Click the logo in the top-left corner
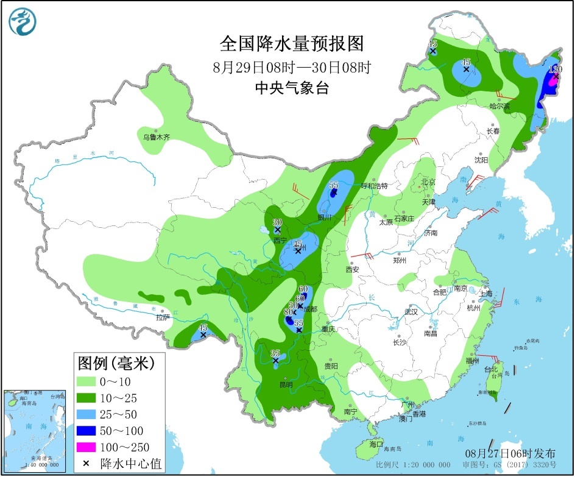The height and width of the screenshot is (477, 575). tap(23, 22)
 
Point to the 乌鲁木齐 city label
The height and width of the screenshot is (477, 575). tap(157, 138)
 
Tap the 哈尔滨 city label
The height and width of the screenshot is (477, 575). tap(499, 106)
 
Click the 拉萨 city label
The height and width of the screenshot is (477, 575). tap(161, 317)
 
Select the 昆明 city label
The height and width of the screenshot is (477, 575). tap(285, 384)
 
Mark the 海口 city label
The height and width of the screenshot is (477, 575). tap(376, 444)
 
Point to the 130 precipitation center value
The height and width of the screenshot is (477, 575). tap(555, 69)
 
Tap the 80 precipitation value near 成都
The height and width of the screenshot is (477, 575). tap(287, 313)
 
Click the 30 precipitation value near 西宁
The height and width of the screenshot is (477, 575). tap(277, 222)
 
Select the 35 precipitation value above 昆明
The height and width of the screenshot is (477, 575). tap(275, 353)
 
